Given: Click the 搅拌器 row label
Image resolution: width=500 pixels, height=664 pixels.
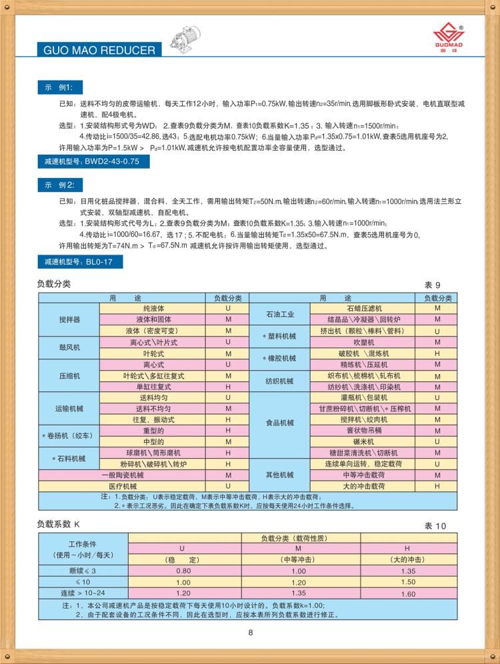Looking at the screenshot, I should tap(69, 320).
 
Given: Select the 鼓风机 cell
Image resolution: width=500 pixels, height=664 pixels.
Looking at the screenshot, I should tap(69, 347).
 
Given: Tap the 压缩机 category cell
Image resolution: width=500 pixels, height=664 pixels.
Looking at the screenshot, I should tap(69, 375).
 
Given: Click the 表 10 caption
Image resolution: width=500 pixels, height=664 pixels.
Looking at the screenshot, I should tap(435, 526).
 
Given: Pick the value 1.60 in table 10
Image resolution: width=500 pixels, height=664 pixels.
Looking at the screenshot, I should tap(407, 593).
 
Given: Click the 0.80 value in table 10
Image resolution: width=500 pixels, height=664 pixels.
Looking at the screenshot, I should tap(183, 571).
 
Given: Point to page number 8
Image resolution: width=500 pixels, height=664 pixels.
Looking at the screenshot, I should tap(250, 633).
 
